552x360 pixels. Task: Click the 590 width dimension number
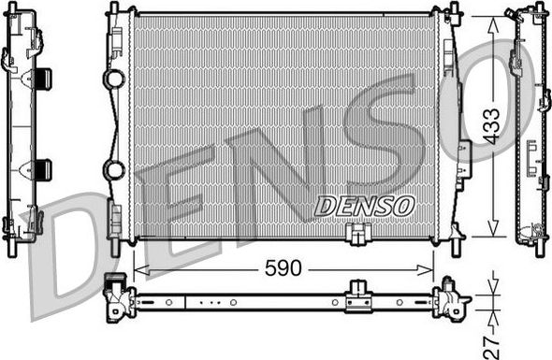(283, 268)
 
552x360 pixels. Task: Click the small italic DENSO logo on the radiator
(364, 205)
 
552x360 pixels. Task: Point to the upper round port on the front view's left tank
(115, 79)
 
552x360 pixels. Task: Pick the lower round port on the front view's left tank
(115, 170)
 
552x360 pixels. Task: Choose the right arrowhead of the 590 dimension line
(432, 269)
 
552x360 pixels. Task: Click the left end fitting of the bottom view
(119, 298)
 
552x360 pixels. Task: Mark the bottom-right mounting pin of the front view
(456, 248)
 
